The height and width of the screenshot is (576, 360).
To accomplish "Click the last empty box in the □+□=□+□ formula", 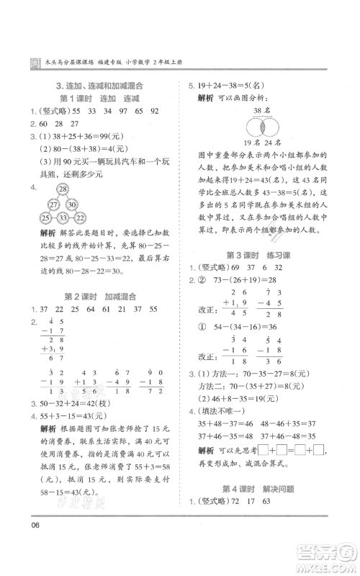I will point(319,451).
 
